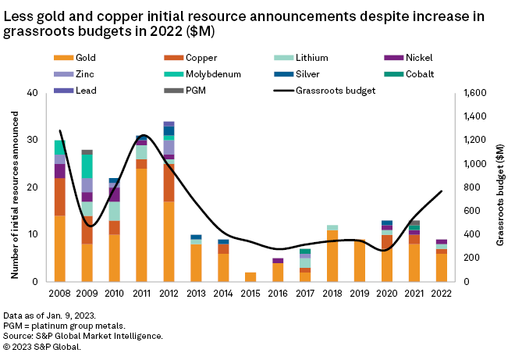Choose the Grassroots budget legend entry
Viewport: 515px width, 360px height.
click(325, 91)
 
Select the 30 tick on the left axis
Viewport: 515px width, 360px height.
click(32, 141)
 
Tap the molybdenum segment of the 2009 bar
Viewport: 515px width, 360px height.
click(87, 166)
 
